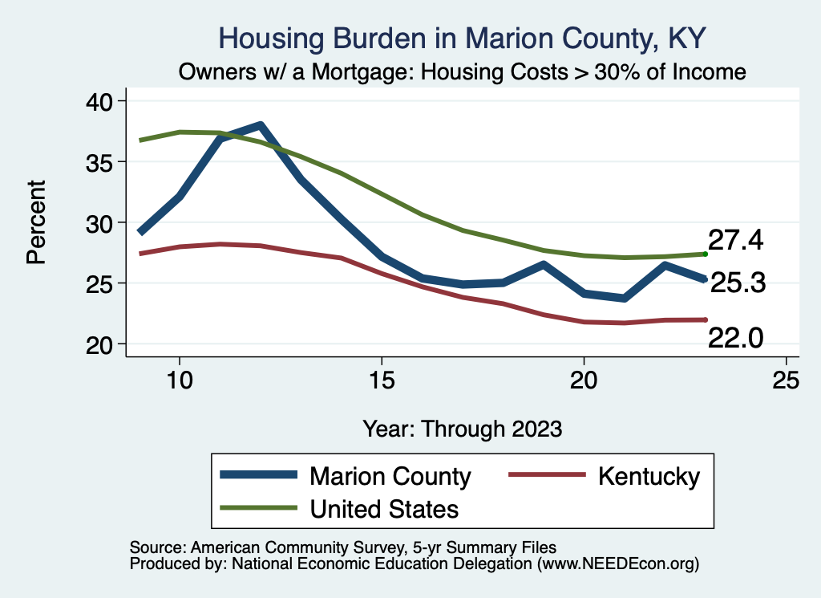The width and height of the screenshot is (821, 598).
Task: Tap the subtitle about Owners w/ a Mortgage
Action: coord(463,72)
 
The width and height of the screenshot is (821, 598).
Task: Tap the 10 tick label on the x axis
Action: coord(180,380)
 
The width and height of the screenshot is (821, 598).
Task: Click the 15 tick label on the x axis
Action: coord(382,380)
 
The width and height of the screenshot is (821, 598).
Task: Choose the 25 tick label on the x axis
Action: coord(786,380)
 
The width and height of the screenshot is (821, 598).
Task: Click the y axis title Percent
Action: coord(36,222)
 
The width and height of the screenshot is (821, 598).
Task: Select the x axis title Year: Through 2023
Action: coord(463,428)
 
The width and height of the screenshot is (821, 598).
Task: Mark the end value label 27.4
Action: coord(735,240)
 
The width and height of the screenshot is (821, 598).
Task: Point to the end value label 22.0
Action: coord(735,340)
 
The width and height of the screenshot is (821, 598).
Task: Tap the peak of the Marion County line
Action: coord(260,126)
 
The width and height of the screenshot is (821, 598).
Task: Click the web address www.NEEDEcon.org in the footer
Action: coord(617,564)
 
